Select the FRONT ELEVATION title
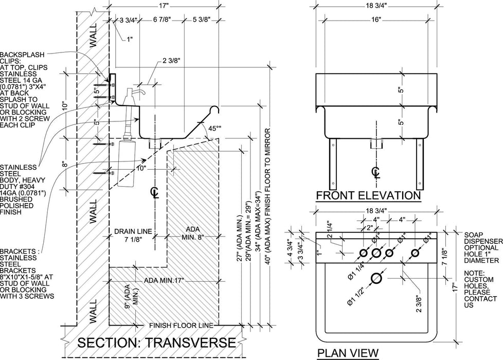coord(368,195)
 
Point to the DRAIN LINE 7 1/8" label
coord(133,235)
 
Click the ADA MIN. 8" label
coord(193,233)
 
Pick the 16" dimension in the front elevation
coord(375,20)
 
